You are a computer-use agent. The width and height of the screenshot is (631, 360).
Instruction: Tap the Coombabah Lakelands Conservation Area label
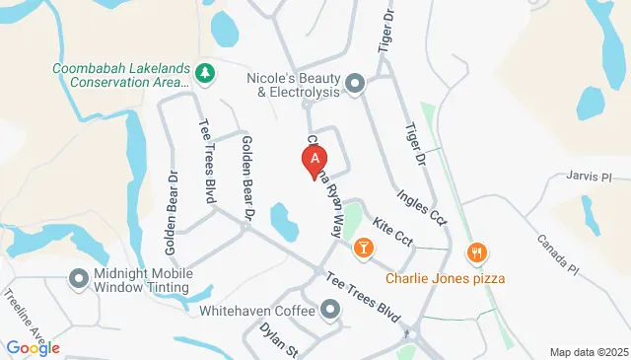[120, 75]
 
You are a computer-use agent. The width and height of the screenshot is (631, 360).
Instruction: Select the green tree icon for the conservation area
[205, 74]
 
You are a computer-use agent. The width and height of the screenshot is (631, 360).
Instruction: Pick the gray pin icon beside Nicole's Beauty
[355, 84]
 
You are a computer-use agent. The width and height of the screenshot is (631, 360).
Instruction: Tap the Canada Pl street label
[558, 254]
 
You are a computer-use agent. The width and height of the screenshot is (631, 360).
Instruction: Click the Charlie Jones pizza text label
[446, 278]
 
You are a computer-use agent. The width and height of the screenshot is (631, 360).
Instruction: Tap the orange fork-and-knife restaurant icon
[477, 252]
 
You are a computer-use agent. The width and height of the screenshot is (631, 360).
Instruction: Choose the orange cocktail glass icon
[363, 247]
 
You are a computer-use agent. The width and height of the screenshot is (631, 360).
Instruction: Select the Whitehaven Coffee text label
[255, 311]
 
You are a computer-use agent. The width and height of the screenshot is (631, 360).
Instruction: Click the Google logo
[33, 348]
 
